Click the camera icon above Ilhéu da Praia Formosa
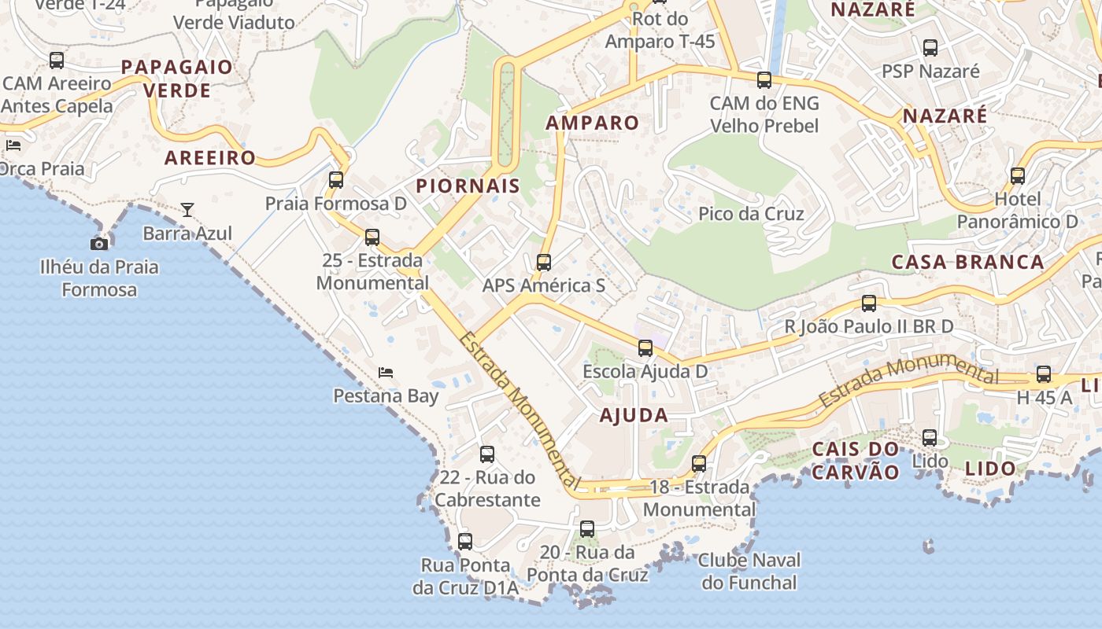[x=99, y=244]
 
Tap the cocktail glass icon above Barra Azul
[x=187, y=210]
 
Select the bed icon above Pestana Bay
[x=386, y=372]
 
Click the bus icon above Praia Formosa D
[x=336, y=180]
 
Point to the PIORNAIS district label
[x=468, y=186]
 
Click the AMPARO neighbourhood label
[x=592, y=123]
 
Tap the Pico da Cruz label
[x=751, y=214]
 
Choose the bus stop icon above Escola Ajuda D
[x=645, y=348]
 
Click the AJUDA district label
[x=634, y=416]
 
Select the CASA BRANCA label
[x=967, y=262]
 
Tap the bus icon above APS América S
[x=544, y=263]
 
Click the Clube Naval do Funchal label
[x=749, y=572]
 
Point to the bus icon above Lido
[x=930, y=438]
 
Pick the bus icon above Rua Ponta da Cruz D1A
[x=465, y=541]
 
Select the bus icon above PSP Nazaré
[x=930, y=48]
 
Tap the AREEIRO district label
[x=210, y=158]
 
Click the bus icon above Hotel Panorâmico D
[x=1018, y=176]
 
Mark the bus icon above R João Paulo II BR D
[x=869, y=303]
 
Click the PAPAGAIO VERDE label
[x=177, y=79]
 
